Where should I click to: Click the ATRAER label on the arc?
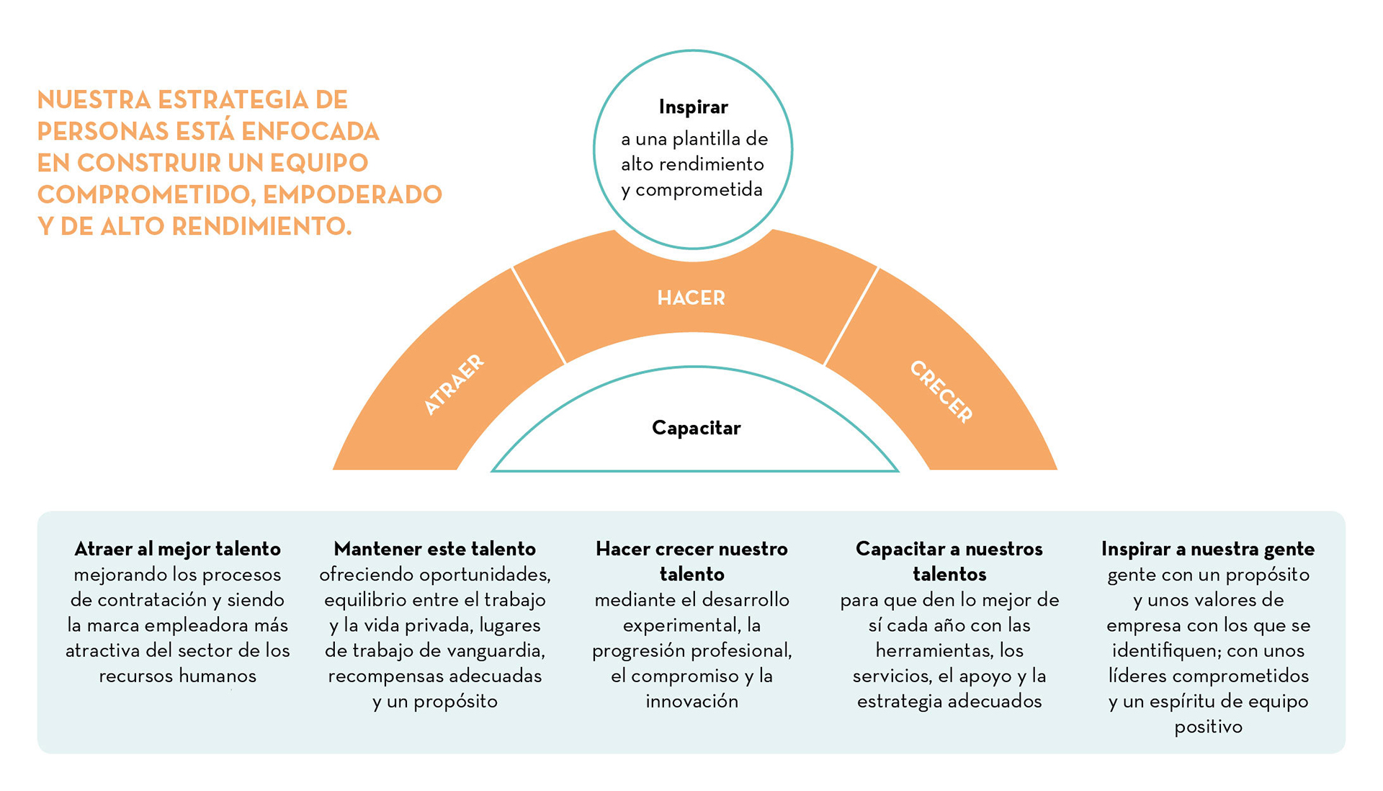(454, 385)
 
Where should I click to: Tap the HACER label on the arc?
(691, 298)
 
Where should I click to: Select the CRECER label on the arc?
(941, 391)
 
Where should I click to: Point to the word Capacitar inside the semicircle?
(696, 428)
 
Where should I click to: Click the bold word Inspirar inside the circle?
(693, 107)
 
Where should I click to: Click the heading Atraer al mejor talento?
(177, 549)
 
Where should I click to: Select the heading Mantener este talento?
(434, 549)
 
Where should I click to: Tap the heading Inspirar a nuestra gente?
(1207, 549)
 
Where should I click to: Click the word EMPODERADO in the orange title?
(352, 195)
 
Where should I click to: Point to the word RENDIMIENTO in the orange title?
(261, 226)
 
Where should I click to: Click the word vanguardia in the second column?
(496, 651)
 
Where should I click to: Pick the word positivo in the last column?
(1208, 726)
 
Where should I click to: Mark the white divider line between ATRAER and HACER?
(539, 316)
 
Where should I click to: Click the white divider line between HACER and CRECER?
(851, 316)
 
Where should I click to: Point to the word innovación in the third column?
(691, 701)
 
